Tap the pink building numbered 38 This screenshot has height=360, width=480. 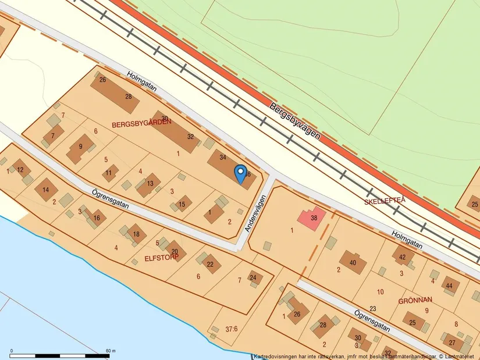312,219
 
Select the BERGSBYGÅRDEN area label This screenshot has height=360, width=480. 142,123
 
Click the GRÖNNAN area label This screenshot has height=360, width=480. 415,301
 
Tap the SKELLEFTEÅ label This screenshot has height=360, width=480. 384,201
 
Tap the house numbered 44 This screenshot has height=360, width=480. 448,286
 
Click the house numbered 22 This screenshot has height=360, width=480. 210,264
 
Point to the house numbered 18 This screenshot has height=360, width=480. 136,234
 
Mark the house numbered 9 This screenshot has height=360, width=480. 80,146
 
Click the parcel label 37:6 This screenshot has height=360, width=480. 232,329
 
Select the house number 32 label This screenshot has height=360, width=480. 190,137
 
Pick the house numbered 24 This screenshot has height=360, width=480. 253,278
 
